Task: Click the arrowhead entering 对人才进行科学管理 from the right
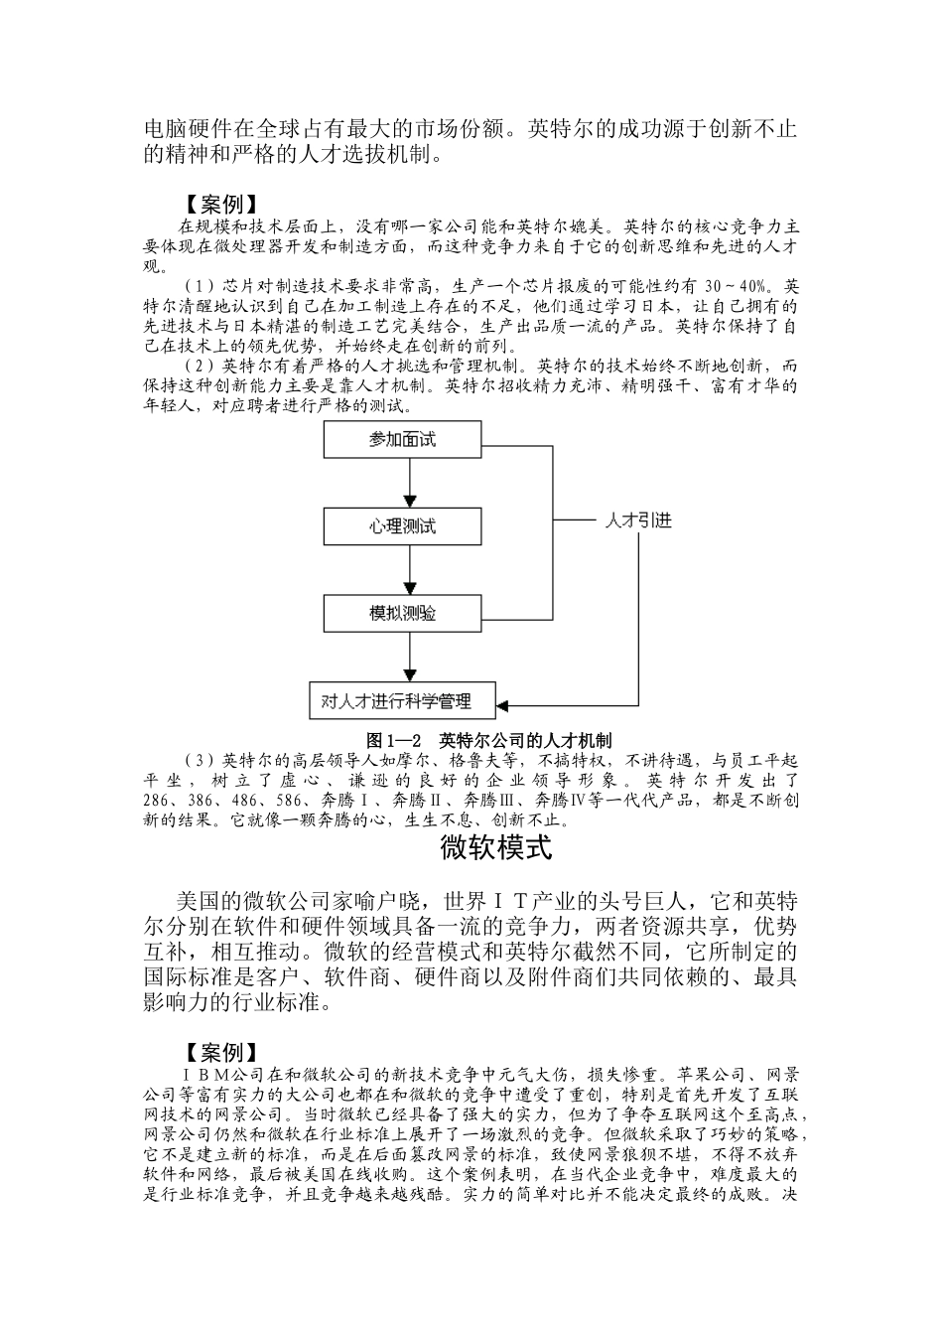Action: [503, 705]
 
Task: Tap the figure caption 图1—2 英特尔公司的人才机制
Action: [488, 739]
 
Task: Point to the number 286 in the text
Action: [156, 802]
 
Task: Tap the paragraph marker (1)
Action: [200, 288]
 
